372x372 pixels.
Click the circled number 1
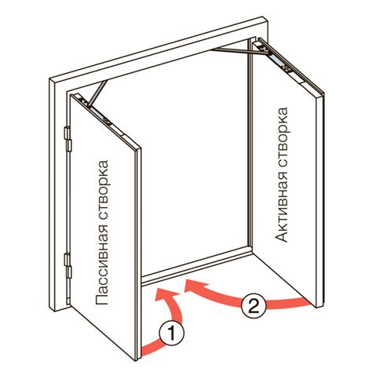pyautogui.click(x=171, y=334)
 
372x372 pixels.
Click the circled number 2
pyautogui.click(x=253, y=305)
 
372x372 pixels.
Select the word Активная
pyautogui.click(x=282, y=202)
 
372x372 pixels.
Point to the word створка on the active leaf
pyautogui.click(x=282, y=132)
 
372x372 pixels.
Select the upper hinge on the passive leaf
pyautogui.click(x=67, y=139)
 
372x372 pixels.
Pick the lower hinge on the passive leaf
pyautogui.click(x=67, y=265)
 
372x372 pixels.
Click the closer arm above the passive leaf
pyautogui.click(x=98, y=93)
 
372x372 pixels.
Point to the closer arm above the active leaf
pyautogui.click(x=239, y=52)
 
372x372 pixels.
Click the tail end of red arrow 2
pyautogui.click(x=308, y=303)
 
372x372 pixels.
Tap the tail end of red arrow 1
pyautogui.click(x=143, y=352)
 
